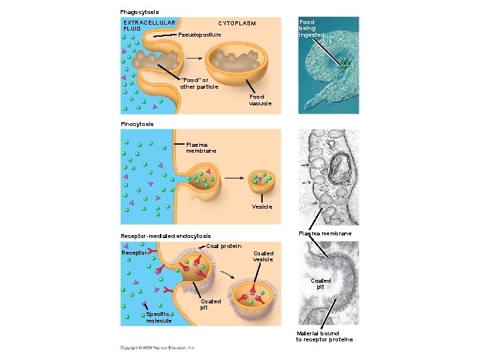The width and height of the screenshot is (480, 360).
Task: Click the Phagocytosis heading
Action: [139, 12]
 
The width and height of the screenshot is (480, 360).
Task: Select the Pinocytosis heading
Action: [137, 124]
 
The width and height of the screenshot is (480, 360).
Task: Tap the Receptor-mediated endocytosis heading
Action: [165, 236]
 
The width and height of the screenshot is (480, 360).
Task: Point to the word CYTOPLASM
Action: [237, 23]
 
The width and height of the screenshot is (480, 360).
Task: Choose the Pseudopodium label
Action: [199, 34]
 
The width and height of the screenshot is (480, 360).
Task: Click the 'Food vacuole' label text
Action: [261, 100]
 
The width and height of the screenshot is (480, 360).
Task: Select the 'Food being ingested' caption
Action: [312, 28]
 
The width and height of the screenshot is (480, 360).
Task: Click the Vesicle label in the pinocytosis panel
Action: [262, 207]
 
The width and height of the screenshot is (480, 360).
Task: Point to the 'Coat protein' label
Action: [223, 246]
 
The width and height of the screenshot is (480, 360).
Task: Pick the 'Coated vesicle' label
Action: [263, 256]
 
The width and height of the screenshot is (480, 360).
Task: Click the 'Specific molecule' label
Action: [159, 317]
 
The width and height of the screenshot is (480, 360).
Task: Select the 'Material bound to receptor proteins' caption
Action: [324, 336]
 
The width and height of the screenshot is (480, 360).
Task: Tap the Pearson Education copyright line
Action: [157, 347]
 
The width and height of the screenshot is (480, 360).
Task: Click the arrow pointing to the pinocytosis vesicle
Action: [233, 179]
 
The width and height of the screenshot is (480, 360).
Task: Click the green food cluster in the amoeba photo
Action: [345, 65]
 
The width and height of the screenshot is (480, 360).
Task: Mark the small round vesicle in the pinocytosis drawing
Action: [261, 179]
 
